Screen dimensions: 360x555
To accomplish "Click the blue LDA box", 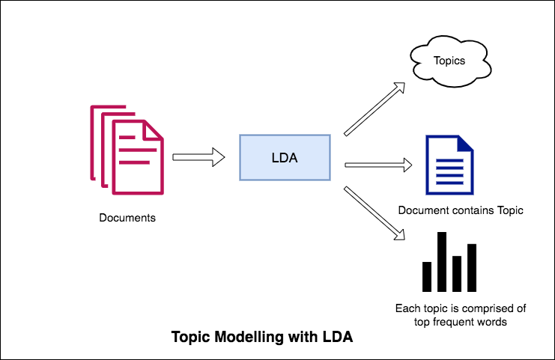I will [x=284, y=157].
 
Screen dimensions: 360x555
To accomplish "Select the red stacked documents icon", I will [x=127, y=146].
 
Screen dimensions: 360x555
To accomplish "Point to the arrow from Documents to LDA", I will [x=198, y=157].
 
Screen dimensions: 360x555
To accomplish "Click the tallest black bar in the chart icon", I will [x=442, y=261].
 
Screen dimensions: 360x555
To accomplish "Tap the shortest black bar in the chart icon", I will [x=428, y=276].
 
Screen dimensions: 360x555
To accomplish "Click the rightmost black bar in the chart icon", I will [x=472, y=267].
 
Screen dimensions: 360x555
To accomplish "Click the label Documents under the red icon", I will [x=127, y=219].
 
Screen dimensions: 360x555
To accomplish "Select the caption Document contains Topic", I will [x=460, y=211].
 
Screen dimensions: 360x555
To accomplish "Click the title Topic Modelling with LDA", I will [x=262, y=338].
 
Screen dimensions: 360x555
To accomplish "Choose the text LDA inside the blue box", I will [x=284, y=157].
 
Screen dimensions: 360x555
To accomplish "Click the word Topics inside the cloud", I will [x=449, y=61].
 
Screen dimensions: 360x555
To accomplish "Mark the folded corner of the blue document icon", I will [x=466, y=144].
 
